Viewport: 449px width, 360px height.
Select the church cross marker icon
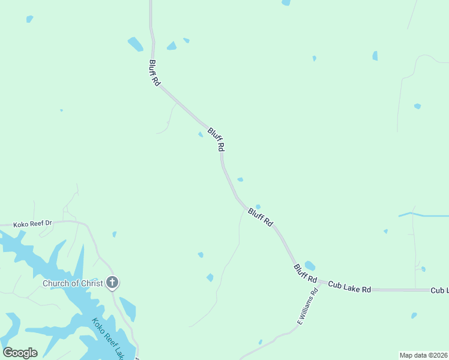coord(112,282)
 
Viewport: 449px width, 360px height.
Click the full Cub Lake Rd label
coord(349,287)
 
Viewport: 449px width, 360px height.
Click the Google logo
coord(20,353)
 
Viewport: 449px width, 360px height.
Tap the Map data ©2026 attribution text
coord(423,355)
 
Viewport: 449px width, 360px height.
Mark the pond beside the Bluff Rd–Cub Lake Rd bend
coord(310,265)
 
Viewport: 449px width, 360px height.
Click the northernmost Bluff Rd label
coord(155,72)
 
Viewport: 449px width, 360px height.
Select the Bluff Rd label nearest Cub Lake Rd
coord(305,273)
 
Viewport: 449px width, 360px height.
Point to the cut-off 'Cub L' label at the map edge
coord(439,290)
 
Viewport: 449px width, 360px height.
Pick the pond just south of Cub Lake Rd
coord(414,315)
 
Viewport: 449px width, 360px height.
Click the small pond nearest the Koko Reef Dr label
coord(114,234)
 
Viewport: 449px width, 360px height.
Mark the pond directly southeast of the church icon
coord(127,308)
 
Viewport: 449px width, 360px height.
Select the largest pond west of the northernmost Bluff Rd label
coord(136,44)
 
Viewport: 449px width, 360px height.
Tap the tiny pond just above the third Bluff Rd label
coord(258,206)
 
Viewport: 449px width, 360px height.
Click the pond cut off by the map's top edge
coord(286,2)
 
